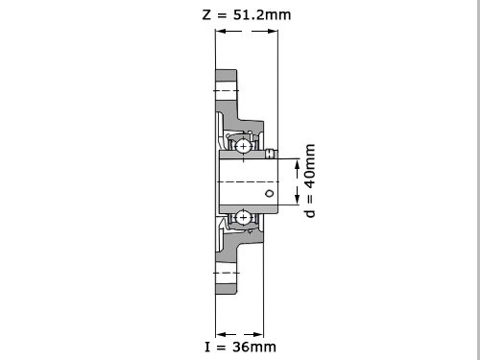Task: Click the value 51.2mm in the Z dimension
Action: click(x=262, y=14)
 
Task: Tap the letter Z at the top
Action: click(x=206, y=15)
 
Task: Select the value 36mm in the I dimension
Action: click(x=254, y=347)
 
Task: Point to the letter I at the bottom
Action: click(x=207, y=347)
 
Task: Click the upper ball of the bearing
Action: click(x=243, y=147)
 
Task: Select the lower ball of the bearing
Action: click(x=243, y=218)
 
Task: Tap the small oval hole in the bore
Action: click(x=270, y=193)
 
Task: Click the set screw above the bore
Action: click(x=271, y=154)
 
